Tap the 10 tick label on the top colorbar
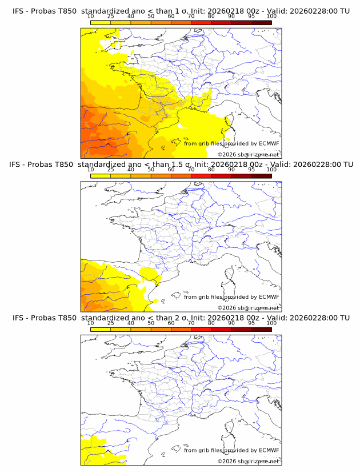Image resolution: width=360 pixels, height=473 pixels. (90, 17)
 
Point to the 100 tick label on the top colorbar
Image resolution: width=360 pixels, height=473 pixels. (271, 17)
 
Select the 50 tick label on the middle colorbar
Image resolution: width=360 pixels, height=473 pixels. (151, 170)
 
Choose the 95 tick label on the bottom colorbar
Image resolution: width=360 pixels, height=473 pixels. (251, 323)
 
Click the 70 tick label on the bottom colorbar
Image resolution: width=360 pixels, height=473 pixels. (191, 323)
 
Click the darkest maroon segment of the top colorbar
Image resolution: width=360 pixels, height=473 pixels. (261, 22)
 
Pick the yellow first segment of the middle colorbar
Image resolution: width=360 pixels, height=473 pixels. (100, 176)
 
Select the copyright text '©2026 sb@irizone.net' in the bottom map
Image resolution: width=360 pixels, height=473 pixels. (248, 460)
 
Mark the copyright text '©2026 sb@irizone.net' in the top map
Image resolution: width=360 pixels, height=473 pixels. (248, 154)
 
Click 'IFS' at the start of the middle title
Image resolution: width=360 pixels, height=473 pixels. (18, 165)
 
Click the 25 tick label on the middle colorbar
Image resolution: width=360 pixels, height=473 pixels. (110, 170)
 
